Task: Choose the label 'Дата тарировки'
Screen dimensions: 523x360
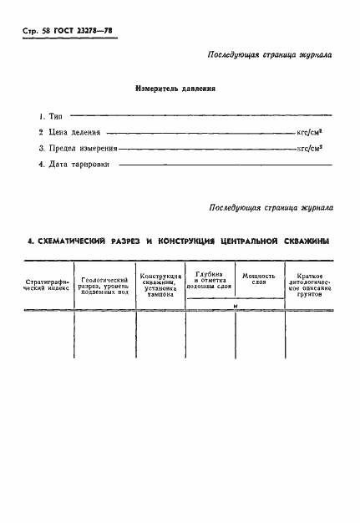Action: click(x=77, y=164)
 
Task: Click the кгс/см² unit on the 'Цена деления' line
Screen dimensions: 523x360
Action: click(x=314, y=132)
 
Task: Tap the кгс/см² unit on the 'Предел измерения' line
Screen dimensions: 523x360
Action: click(x=314, y=148)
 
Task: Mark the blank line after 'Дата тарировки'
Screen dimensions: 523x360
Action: click(x=226, y=164)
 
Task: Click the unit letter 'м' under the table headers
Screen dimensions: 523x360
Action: click(x=236, y=306)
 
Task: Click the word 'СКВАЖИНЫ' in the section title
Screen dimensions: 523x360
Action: click(x=300, y=241)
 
